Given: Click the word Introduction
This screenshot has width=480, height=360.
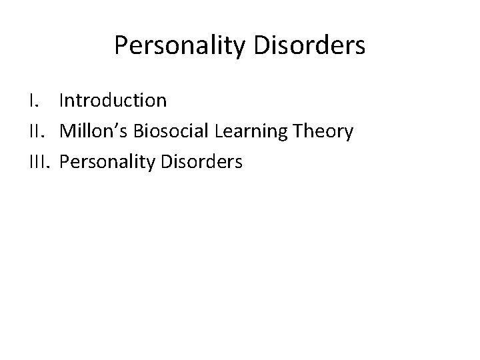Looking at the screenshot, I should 113,101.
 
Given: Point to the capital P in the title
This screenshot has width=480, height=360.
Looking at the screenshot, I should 120,45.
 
